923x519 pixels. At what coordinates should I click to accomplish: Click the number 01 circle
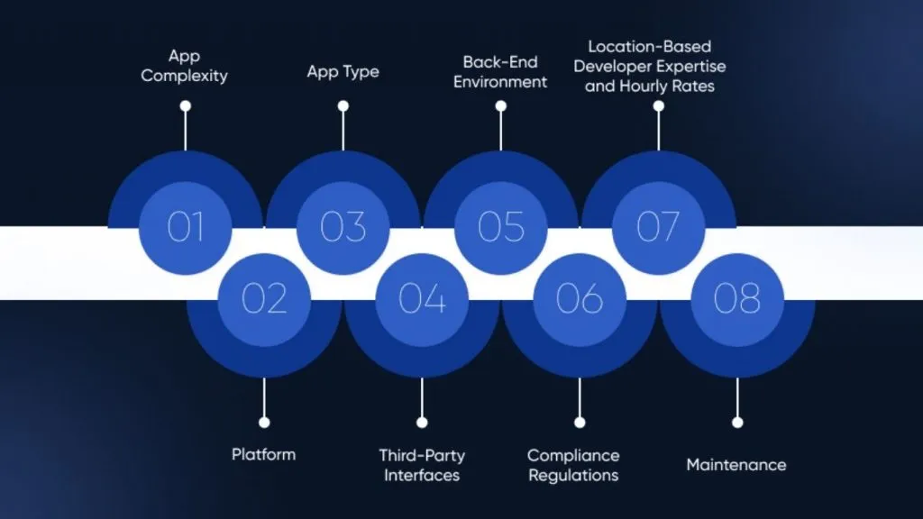(186, 228)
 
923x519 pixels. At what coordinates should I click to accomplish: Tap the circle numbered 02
(264, 299)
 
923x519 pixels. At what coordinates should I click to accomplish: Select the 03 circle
(343, 228)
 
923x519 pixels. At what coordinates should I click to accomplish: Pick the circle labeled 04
(422, 299)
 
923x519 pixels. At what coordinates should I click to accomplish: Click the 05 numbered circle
(501, 228)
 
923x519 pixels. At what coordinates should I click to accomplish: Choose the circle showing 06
(580, 299)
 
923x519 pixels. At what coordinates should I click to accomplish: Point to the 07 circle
(659, 228)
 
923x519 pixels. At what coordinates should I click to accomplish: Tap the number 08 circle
(737, 299)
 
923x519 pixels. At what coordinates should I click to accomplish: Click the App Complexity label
(184, 66)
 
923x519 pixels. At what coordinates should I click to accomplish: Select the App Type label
(343, 72)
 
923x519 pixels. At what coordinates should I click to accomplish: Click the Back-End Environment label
(500, 72)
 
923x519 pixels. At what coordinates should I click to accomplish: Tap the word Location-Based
(650, 47)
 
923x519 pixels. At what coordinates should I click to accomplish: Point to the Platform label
(264, 454)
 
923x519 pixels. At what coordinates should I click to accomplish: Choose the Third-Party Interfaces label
(422, 465)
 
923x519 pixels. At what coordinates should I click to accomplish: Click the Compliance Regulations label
(573, 465)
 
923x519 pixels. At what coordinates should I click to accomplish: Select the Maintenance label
(736, 465)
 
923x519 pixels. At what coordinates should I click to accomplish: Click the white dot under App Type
(343, 106)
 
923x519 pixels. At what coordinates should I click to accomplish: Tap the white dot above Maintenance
(737, 423)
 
